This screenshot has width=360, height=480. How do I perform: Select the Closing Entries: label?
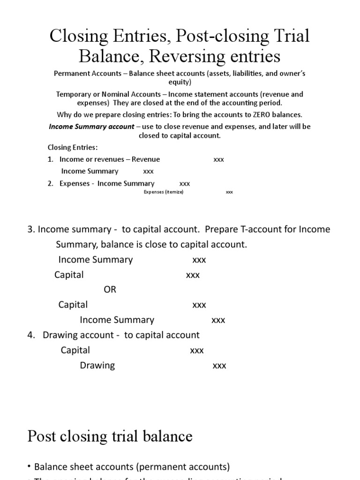coord(73,147)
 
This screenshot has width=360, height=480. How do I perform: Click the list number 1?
coord(50,159)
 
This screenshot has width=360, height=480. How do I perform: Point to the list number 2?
coord(50,184)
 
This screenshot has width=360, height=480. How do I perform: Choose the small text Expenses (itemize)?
coord(163,192)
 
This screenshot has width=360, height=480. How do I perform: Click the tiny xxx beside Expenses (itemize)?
coord(229,192)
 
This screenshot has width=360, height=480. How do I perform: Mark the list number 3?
coord(31,229)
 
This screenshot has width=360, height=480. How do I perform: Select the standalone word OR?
coord(110,290)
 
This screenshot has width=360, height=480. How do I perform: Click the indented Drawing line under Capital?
coord(97,365)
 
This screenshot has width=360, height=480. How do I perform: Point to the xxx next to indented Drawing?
coord(219,366)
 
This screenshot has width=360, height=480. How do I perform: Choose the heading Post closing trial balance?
coord(110,436)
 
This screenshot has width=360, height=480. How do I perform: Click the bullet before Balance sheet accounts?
coord(30,467)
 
